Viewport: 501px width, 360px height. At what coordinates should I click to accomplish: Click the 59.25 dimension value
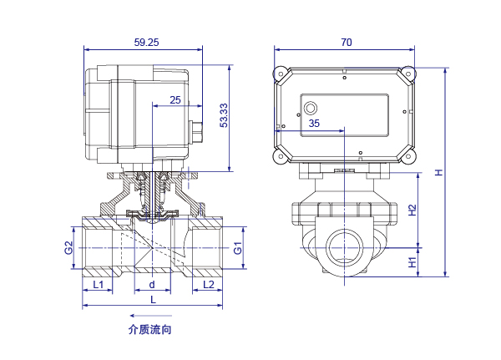pos(146,43)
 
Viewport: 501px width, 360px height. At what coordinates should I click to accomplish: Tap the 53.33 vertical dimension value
pos(224,115)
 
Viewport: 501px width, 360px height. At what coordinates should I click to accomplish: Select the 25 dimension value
pos(175,100)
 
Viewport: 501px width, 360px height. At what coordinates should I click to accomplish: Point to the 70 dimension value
pos(347,43)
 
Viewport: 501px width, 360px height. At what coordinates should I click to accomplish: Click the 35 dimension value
pos(314,124)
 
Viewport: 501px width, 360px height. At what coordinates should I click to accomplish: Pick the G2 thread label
pos(68,248)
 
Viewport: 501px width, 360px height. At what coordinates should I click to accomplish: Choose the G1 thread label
pos(238,248)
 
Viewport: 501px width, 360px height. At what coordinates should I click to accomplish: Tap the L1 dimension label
pos(98,284)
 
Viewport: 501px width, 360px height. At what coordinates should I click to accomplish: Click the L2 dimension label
pos(208,284)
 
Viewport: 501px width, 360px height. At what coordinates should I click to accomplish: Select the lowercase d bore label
pos(152,284)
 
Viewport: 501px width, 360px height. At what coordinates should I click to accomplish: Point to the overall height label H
pos(439,172)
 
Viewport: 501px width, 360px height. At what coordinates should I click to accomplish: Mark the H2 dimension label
pos(412,210)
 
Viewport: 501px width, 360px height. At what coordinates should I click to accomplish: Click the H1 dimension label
pos(412,262)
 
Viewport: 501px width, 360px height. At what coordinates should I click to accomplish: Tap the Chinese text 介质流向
pos(149,330)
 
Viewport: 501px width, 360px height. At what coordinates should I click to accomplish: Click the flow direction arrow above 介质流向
pos(150,316)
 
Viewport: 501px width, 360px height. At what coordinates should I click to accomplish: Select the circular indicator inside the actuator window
pos(311,108)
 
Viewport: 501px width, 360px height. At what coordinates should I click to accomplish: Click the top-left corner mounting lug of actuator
pos(281,74)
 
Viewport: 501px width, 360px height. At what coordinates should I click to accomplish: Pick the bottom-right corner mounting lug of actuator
pos(408,156)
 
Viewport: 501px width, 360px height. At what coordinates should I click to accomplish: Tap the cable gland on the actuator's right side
pos(196,132)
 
